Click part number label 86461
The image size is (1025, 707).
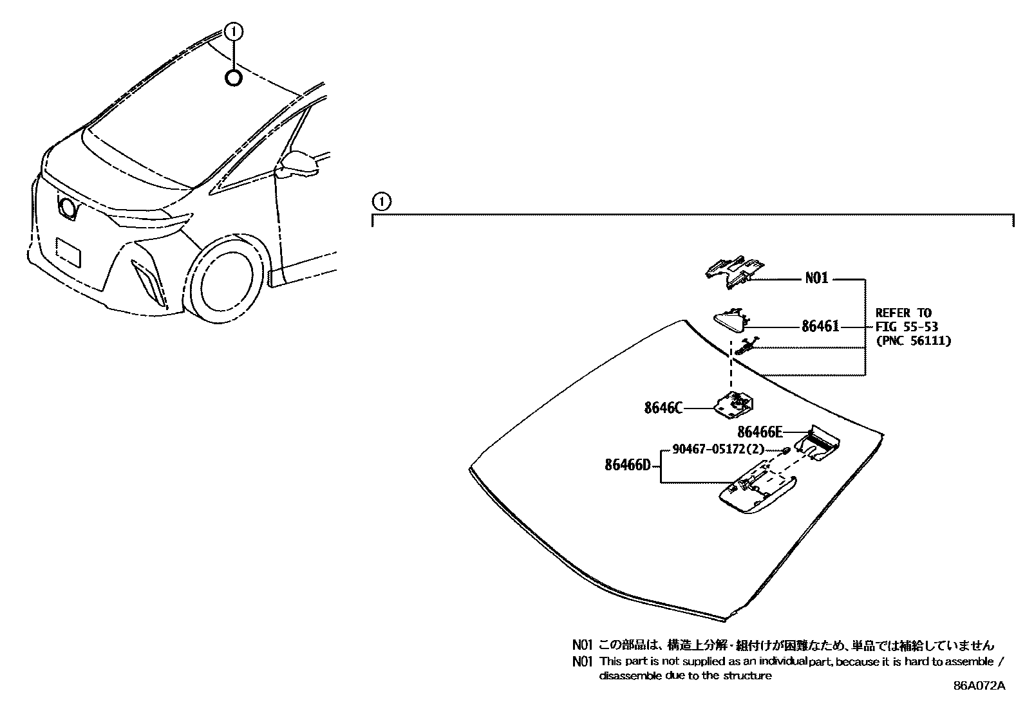[x=820, y=327]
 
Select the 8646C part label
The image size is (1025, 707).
[x=663, y=408]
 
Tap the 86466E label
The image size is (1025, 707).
[x=760, y=432]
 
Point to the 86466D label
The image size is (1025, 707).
[x=628, y=464]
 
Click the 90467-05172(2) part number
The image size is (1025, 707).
[x=718, y=450]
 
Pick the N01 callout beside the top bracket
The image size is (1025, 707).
[x=816, y=279]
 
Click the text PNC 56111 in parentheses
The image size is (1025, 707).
[x=913, y=341]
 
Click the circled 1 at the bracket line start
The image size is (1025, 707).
[x=381, y=202]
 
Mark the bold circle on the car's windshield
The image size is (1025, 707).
[x=234, y=78]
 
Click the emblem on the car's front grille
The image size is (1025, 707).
[x=66, y=207]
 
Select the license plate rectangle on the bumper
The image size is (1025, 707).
[x=68, y=252]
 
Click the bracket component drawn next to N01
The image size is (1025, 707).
[x=733, y=270]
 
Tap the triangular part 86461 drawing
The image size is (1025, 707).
[x=730, y=319]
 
